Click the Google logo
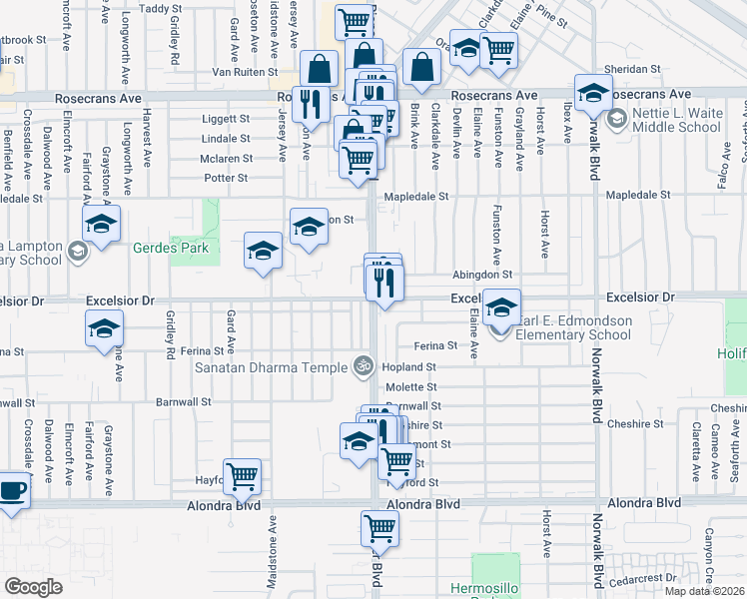(x=33, y=587)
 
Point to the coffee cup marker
(x=12, y=492)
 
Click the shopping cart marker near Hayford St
(x=243, y=478)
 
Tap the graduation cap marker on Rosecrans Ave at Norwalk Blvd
(x=593, y=95)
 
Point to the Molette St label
(x=405, y=386)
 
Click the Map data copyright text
(x=705, y=591)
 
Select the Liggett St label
(x=226, y=120)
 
